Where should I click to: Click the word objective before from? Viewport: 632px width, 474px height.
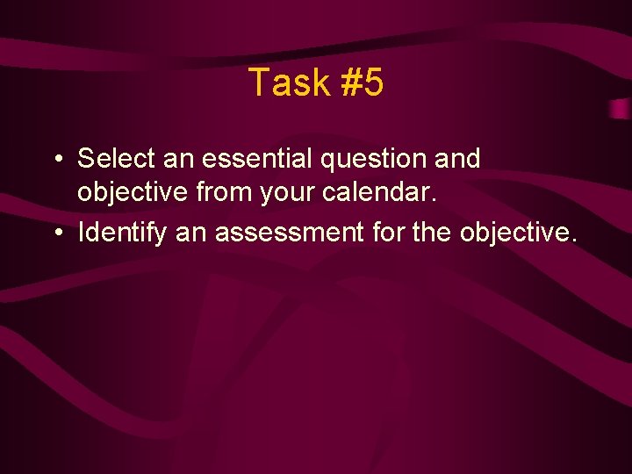tap(133, 191)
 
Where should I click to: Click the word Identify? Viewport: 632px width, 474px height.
tap(122, 233)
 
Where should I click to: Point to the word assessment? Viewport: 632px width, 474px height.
tap(289, 233)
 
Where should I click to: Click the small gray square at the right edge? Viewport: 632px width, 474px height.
tap(620, 110)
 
